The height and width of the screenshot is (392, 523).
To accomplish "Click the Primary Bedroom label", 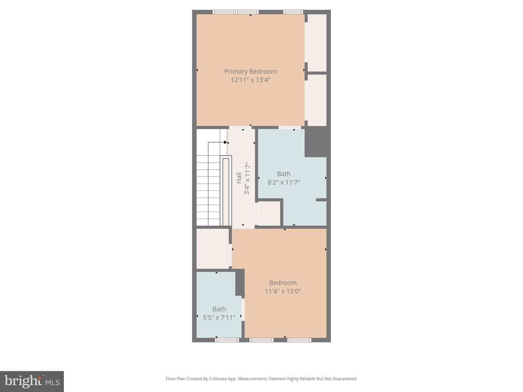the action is click(x=250, y=72).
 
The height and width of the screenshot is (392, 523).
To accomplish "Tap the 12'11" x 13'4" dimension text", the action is click(x=250, y=80).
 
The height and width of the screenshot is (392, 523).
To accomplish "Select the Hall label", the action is click(x=239, y=178).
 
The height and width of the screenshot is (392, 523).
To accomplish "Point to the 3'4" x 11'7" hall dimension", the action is click(x=247, y=178).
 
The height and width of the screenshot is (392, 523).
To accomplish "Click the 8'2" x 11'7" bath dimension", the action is click(x=284, y=183).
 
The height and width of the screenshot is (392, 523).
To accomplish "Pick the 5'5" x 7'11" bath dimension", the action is click(x=219, y=318).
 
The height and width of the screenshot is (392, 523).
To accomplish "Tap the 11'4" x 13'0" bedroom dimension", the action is click(x=283, y=291).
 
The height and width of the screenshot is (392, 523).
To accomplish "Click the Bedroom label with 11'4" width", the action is click(x=283, y=283).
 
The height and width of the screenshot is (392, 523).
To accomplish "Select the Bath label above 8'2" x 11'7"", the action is click(x=284, y=174).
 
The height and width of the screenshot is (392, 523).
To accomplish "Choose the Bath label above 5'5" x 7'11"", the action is click(x=219, y=309).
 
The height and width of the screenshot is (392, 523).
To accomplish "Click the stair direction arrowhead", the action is click(x=226, y=142).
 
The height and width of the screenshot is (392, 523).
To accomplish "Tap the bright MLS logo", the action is click(x=32, y=381).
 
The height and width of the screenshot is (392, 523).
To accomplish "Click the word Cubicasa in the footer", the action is click(x=218, y=379).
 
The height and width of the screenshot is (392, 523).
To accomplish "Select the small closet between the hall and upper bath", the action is click(x=269, y=213).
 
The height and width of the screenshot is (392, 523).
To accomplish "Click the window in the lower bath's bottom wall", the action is click(x=227, y=340).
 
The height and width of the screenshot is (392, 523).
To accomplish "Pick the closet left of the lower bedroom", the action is click(x=212, y=249).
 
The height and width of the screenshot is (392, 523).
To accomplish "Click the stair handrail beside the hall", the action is click(x=226, y=191).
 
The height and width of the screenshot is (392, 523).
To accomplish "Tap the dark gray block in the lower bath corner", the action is click(x=240, y=283).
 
